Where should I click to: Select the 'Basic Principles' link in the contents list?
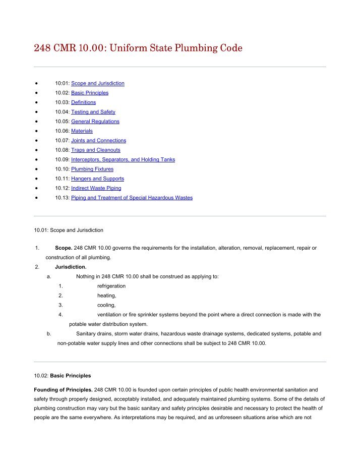[x=89, y=93]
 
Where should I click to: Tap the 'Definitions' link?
[x=83, y=102]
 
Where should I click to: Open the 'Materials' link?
[x=82, y=131]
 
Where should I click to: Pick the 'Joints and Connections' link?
[x=98, y=141]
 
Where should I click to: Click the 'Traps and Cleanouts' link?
[x=95, y=150]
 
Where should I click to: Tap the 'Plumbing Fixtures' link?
[x=92, y=169]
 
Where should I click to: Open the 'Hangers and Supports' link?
[x=97, y=179]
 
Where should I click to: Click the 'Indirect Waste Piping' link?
[x=96, y=188]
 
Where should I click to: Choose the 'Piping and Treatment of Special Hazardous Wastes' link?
[x=132, y=198]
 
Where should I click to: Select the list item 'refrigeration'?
[x=111, y=286]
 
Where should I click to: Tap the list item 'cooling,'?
[x=106, y=305]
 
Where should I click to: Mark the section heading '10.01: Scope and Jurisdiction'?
[x=68, y=230]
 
